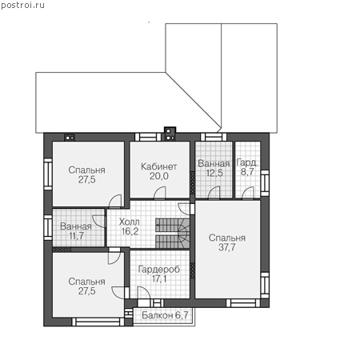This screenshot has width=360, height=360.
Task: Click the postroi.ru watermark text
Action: (x=22, y=6)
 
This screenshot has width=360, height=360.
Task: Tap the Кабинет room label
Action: (x=159, y=166)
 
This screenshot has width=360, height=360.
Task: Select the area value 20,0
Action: (x=159, y=176)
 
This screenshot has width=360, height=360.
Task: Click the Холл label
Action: (x=129, y=222)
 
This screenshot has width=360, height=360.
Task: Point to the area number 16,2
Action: (x=130, y=231)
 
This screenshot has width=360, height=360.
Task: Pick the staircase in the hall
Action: (x=173, y=234)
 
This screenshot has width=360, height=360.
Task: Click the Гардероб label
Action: (x=159, y=270)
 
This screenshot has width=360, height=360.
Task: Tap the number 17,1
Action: (x=159, y=279)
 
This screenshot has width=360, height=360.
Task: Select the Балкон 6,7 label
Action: (x=165, y=315)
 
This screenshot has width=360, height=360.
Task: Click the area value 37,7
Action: (x=227, y=247)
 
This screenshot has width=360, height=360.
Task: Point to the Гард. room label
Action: (x=247, y=162)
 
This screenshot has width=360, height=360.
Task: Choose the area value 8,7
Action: (x=247, y=172)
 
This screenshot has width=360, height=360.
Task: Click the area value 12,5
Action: (x=214, y=173)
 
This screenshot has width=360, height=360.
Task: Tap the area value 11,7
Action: (x=77, y=236)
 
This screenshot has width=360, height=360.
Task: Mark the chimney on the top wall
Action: (x=170, y=134)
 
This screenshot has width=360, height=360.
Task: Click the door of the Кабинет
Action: (x=160, y=193)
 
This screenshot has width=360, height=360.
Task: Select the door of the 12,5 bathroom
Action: (x=214, y=193)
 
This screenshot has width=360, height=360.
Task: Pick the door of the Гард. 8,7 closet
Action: (x=248, y=193)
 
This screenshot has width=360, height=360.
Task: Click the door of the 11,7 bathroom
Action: (x=99, y=222)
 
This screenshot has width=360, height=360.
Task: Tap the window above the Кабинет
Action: (x=148, y=137)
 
